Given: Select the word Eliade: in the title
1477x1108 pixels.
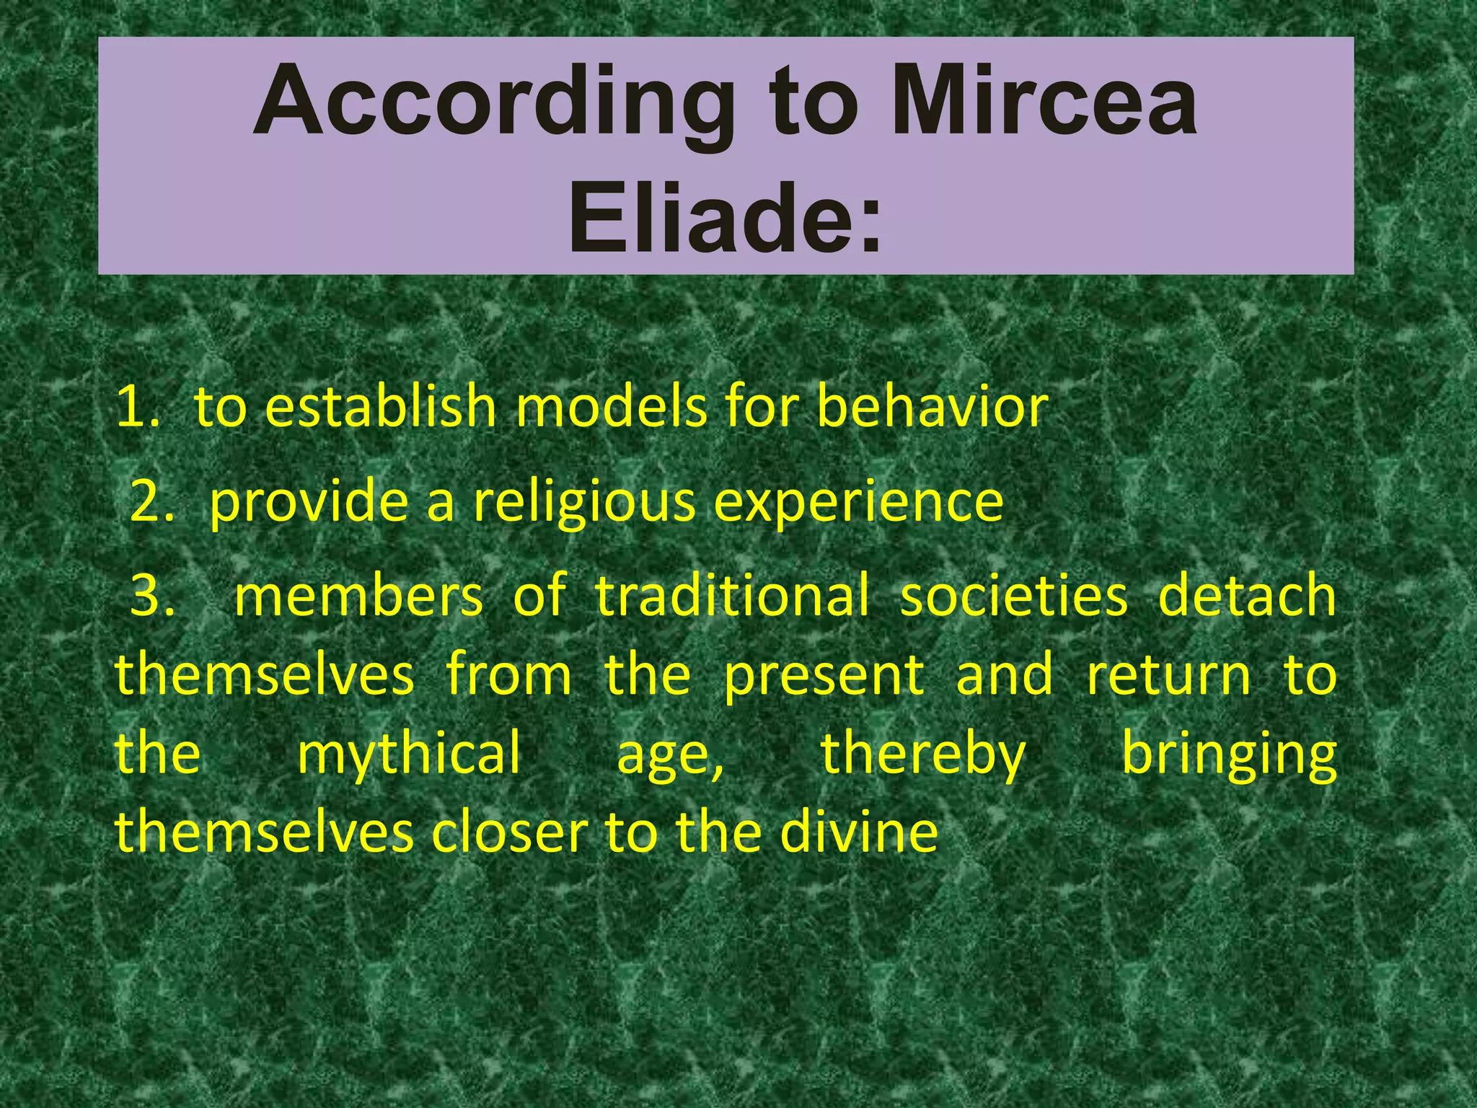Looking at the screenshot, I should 725,219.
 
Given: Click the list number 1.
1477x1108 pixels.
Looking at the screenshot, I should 137,408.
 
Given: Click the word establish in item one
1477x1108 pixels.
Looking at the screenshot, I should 382,408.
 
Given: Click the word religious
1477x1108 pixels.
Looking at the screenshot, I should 584,503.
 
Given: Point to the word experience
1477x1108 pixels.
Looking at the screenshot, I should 858,503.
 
